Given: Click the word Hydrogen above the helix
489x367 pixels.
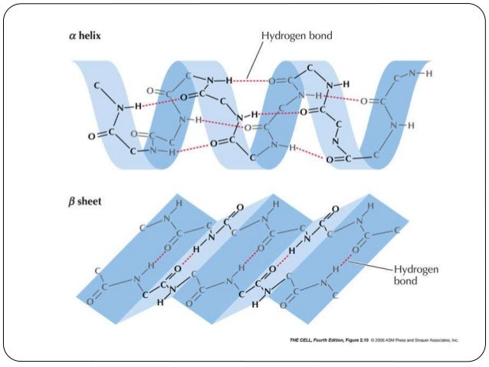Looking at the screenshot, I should click(286, 36).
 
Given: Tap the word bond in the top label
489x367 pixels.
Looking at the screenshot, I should click(322, 36).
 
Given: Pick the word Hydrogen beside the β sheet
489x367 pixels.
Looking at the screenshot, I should click(415, 269).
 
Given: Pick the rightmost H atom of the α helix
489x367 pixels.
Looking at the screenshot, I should click(428, 74).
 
